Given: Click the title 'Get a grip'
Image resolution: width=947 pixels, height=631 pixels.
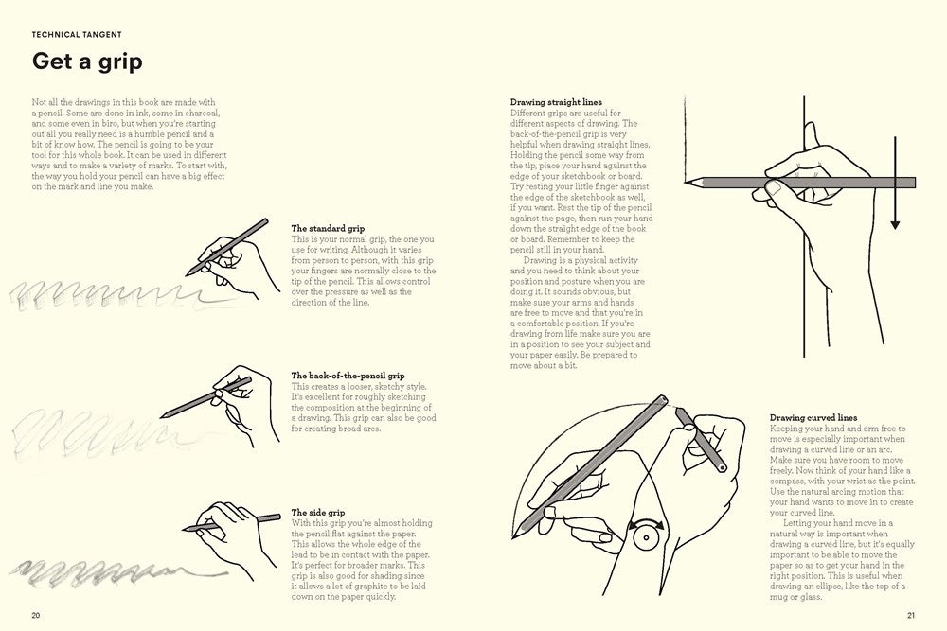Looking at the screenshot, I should (87, 62).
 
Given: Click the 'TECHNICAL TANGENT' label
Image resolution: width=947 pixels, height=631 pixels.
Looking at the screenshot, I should (77, 34).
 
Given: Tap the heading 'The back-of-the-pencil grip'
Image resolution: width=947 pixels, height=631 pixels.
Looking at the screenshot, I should (348, 376).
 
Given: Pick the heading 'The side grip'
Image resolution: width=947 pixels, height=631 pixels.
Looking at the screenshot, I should (318, 512).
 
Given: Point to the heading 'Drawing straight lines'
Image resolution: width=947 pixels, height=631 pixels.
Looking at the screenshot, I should (556, 102).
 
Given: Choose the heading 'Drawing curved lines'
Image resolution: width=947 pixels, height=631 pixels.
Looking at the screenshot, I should (813, 417).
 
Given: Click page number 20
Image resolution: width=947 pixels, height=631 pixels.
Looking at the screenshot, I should (36, 615).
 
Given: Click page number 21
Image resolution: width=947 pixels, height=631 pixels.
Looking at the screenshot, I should (911, 615).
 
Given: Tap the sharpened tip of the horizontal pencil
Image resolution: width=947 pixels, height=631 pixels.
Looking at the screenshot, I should (688, 181).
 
